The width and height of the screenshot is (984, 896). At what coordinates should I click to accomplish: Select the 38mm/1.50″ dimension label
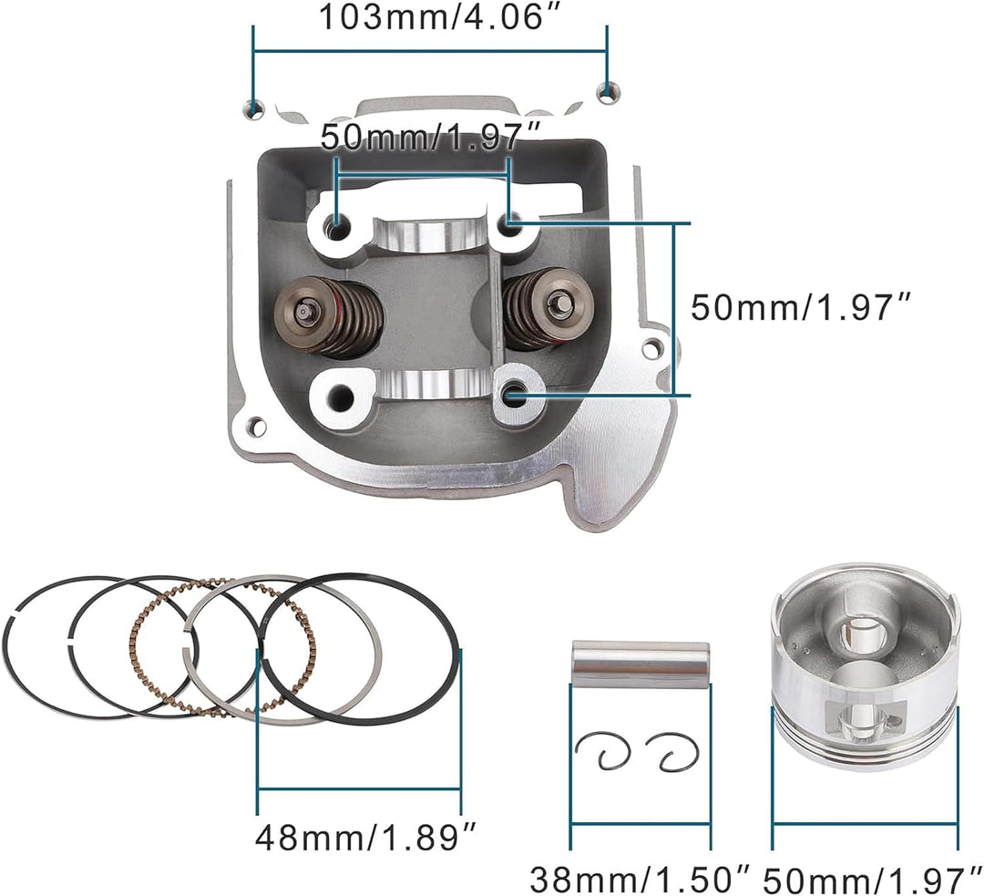click(x=641, y=879)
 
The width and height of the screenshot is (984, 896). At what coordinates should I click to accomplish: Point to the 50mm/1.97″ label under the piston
click(x=873, y=879)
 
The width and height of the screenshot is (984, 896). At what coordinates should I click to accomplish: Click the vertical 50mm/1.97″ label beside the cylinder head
click(x=801, y=308)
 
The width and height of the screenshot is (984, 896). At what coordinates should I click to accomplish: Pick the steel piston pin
click(x=641, y=664)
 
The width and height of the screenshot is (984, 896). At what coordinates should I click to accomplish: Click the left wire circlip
click(x=602, y=751)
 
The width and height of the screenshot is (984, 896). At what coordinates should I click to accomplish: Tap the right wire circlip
click(x=671, y=751)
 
